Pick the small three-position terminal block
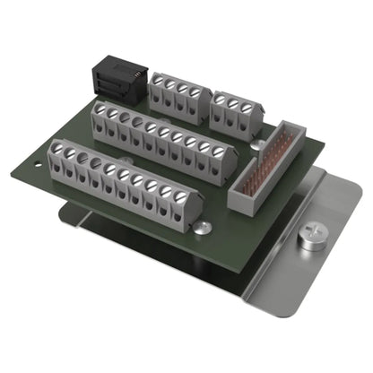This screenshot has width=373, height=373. coord(237,108)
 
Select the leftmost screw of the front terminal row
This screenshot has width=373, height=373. coord(58,149)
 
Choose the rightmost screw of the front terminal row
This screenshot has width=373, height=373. coord(182,195)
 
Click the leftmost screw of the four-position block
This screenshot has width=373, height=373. coord(157,81)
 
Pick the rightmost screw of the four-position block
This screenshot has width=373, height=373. coord(195,91)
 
